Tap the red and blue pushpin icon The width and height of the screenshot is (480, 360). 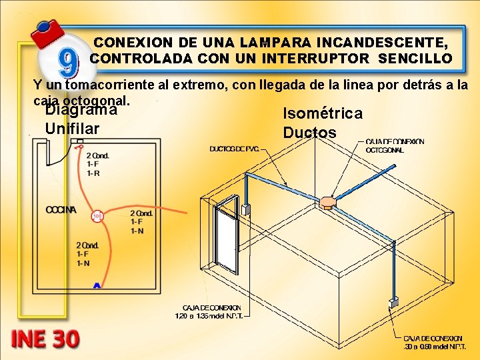[x=47, y=31]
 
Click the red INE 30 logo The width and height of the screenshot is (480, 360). [x=45, y=339]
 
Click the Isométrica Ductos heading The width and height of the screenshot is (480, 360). [x=323, y=123]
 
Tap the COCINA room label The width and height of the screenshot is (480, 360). [x=61, y=210]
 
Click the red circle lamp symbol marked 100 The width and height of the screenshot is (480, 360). [x=97, y=216]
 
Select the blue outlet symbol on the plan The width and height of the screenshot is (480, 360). [x=97, y=285]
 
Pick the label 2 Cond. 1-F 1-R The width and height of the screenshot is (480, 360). [x=97, y=164]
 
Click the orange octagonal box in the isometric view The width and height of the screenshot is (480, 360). [x=327, y=202]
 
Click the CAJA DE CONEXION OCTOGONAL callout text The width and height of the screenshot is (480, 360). [x=395, y=146]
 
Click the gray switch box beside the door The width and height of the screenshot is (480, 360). [x=245, y=209]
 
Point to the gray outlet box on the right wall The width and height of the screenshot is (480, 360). [x=394, y=302]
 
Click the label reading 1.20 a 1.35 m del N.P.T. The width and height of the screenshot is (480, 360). [x=208, y=311]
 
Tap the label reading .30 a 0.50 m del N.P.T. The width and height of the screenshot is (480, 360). [x=433, y=343]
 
